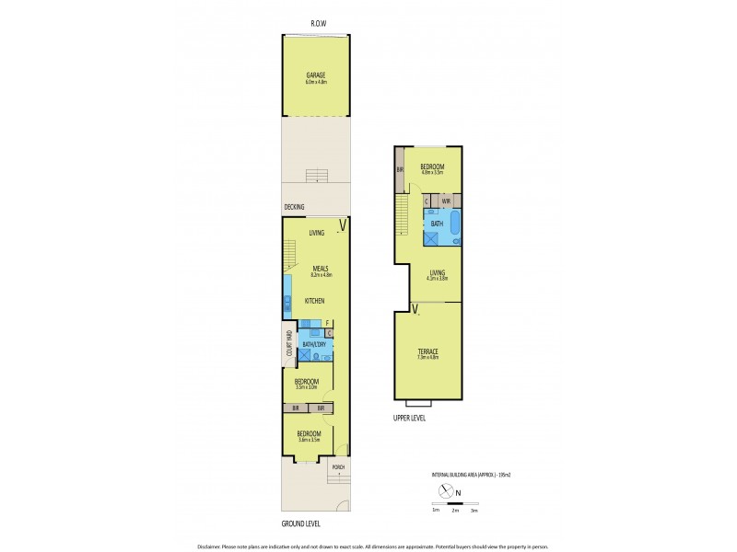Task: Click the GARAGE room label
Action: click(316, 75)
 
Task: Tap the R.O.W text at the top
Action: click(320, 24)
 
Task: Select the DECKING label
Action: click(294, 207)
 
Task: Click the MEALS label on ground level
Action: click(320, 268)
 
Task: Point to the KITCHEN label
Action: click(315, 301)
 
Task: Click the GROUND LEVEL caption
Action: click(301, 523)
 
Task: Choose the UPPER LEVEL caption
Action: click(410, 417)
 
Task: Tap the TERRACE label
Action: click(426, 352)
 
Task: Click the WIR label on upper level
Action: click(445, 200)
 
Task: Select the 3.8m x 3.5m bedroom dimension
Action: click(309, 440)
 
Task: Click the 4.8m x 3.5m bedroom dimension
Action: click(432, 172)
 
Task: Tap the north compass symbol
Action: click(447, 491)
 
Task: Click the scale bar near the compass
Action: click(454, 504)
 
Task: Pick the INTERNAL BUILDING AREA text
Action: click(461, 474)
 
